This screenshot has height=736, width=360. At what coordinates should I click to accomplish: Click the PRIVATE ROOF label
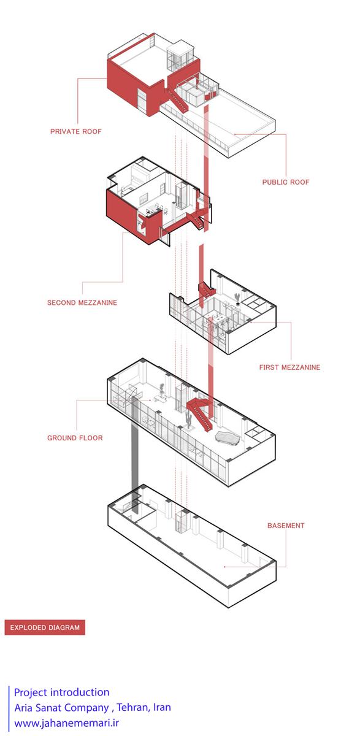76,131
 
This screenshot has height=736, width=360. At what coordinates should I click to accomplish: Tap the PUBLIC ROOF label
286,182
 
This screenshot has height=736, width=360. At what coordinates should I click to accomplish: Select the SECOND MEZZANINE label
82,302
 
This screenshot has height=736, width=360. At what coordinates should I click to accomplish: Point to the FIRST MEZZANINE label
289,367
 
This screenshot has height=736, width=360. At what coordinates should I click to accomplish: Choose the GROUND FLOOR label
75,438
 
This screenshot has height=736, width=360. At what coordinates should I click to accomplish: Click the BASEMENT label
286,526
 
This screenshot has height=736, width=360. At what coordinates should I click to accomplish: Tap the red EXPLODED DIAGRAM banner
45,627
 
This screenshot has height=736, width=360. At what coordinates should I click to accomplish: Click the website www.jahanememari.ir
67,723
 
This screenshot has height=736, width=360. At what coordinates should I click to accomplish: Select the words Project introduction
62,692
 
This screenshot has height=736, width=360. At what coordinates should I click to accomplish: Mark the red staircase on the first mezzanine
207,290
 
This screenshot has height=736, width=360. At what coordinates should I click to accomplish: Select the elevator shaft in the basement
181,523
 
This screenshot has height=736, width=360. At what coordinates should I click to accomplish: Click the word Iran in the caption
162,707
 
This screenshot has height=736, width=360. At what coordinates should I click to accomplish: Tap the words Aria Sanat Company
61,707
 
